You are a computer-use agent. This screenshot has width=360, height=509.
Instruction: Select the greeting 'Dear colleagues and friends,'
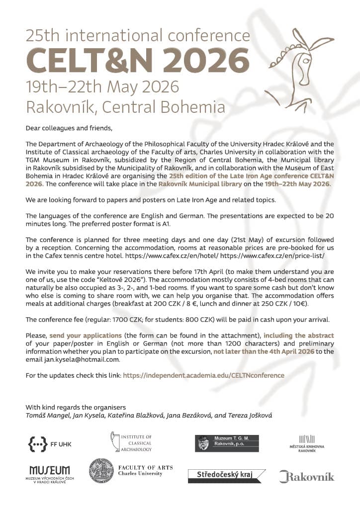pyautogui.click(x=69, y=128)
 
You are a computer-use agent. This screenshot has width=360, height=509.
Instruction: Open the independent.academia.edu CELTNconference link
pyautogui.click(x=203, y=375)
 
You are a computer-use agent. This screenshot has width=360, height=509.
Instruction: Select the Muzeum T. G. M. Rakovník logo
pyautogui.click(x=226, y=443)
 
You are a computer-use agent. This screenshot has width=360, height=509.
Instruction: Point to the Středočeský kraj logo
pyautogui.click(x=226, y=475)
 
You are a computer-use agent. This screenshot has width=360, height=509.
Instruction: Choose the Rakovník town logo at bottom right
pyautogui.click(x=306, y=476)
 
